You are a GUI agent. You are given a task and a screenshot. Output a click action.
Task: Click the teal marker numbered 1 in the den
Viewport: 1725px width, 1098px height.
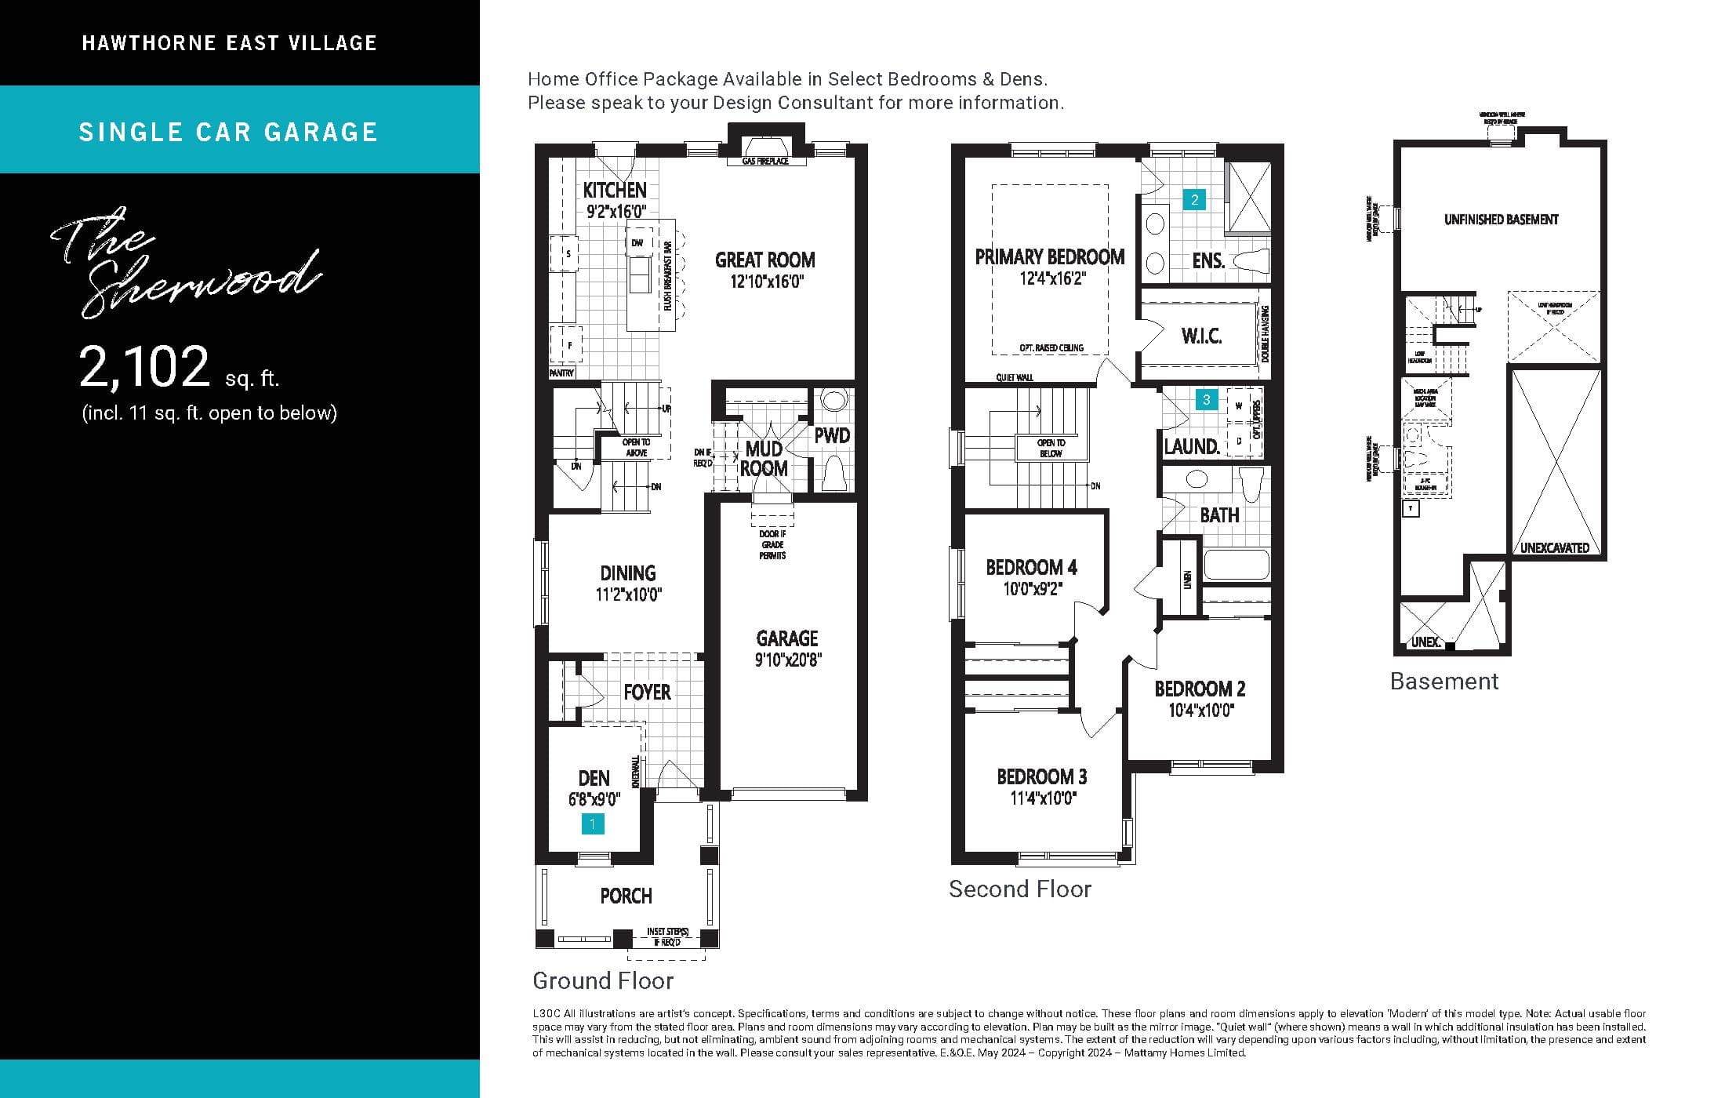tap(593, 824)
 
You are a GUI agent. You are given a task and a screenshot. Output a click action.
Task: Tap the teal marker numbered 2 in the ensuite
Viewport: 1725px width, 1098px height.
tap(1194, 200)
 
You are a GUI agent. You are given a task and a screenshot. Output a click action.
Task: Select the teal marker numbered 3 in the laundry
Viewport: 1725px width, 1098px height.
tap(1206, 400)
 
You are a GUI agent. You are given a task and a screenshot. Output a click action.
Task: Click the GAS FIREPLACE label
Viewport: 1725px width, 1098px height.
tap(764, 162)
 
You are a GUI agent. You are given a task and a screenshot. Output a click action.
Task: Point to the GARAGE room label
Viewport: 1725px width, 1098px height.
tap(787, 638)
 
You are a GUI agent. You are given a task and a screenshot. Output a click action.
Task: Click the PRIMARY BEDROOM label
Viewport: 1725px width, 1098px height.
tap(1049, 257)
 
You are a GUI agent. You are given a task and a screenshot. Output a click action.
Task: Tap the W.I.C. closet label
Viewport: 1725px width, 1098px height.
tap(1201, 336)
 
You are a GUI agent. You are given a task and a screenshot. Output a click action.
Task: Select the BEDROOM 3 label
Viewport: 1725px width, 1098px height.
tap(1041, 776)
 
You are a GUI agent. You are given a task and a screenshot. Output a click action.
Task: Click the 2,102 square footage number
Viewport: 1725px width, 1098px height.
tap(145, 367)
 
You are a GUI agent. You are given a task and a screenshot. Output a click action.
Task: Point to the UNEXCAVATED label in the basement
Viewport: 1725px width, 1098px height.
tap(1554, 547)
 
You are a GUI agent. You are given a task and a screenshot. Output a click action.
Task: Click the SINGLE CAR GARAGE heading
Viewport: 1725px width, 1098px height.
tap(228, 132)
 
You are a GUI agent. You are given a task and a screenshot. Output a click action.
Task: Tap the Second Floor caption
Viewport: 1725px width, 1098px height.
tap(1019, 889)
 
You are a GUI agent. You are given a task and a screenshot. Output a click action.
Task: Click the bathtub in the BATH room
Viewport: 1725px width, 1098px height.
tap(1236, 565)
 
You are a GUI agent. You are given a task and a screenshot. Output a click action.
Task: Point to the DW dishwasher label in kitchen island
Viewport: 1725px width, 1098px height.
tap(637, 243)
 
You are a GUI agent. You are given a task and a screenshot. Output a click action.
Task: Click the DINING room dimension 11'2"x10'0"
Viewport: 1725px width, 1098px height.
tap(628, 594)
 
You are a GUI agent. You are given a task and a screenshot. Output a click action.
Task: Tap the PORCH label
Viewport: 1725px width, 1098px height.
tap(626, 896)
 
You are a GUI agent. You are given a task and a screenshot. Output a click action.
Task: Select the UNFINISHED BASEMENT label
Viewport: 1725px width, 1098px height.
tap(1501, 220)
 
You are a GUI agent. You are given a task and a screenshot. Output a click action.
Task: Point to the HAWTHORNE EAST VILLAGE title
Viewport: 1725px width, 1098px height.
tap(229, 43)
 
